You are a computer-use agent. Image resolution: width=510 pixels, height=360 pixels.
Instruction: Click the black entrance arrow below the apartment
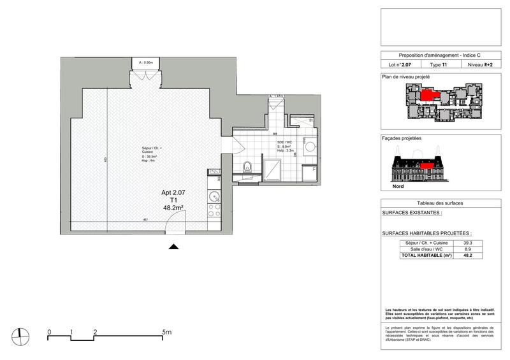click(174, 247)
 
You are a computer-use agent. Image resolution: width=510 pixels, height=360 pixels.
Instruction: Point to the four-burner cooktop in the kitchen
click(214, 181)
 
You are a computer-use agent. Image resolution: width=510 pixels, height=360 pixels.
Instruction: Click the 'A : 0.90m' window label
click(146, 63)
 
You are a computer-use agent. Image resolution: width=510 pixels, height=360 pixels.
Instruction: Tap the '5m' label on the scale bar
click(167, 332)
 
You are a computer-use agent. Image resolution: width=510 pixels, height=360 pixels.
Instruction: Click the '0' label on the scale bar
click(50, 332)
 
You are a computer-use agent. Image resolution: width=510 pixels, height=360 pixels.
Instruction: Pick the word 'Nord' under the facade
click(399, 188)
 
